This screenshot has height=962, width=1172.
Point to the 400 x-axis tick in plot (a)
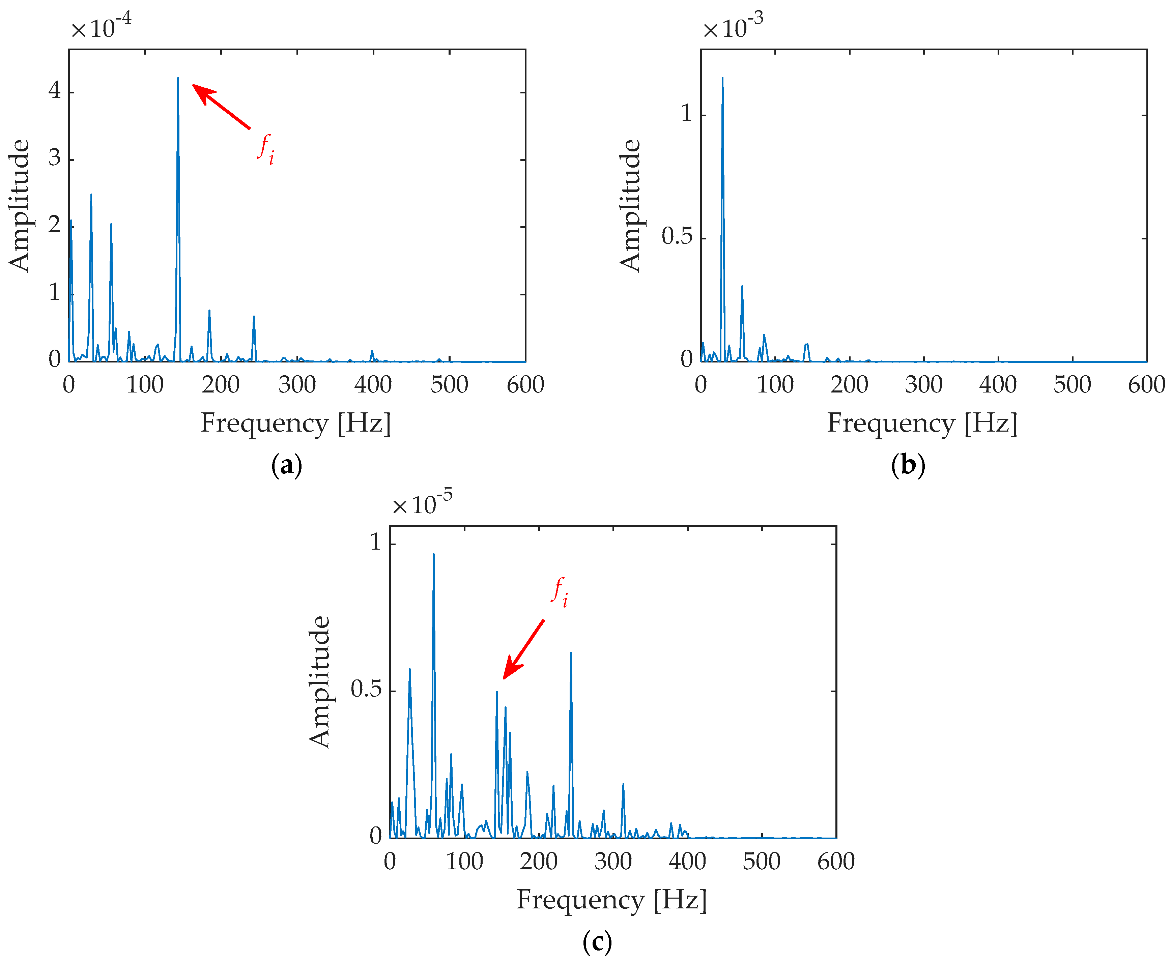pyautogui.click(x=373, y=385)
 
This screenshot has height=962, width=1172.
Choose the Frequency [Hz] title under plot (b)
pyautogui.click(x=922, y=424)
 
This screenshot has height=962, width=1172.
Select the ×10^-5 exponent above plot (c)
pyautogui.click(x=422, y=503)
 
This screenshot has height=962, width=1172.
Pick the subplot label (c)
pyautogui.click(x=597, y=941)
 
